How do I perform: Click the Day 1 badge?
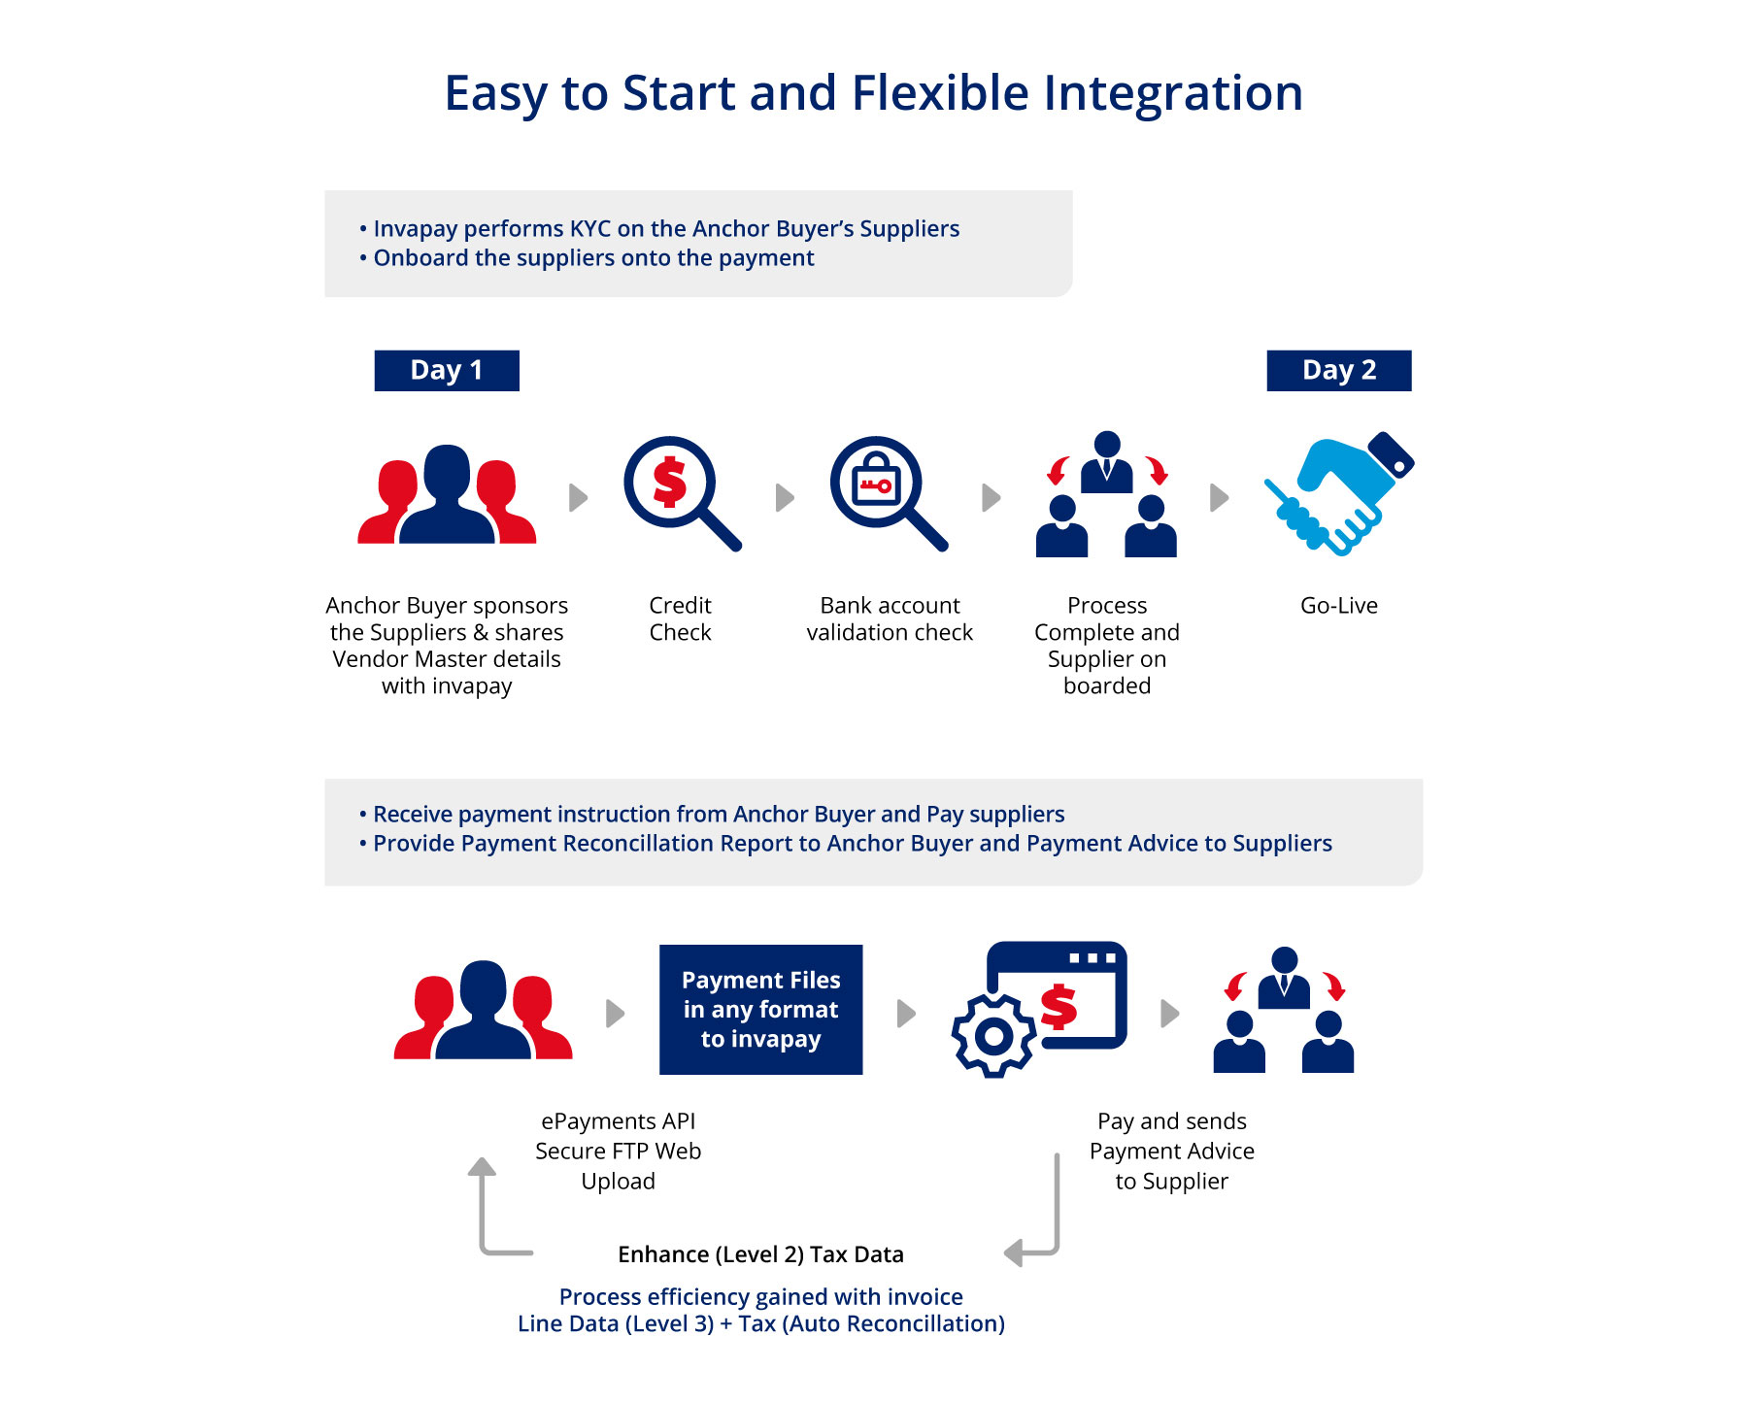[x=447, y=370]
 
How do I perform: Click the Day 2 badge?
[x=1338, y=370]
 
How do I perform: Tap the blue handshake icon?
[x=1339, y=492]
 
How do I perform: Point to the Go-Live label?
[x=1339, y=605]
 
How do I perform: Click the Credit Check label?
[x=680, y=618]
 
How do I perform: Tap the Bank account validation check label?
[x=890, y=618]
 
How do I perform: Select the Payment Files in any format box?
[x=760, y=1010]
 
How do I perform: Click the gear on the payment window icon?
[x=993, y=1036]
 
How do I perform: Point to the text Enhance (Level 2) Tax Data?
[x=760, y=1254]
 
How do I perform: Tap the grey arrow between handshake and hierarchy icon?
[x=1220, y=498]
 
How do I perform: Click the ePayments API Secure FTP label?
[x=618, y=1151]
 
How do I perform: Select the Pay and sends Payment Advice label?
[x=1172, y=1151]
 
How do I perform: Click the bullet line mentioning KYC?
[x=659, y=228]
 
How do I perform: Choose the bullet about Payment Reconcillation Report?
[x=846, y=843]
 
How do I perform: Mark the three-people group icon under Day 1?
[x=447, y=493]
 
